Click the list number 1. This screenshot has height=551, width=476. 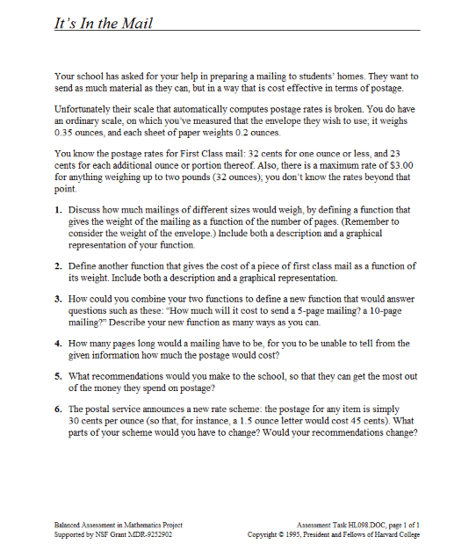click(58, 210)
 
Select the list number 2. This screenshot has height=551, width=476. click(58, 265)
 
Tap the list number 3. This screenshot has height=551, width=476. click(58, 299)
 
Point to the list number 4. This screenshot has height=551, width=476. click(58, 343)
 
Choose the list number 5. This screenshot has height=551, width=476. click(58, 376)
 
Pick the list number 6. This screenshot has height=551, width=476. click(58, 410)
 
